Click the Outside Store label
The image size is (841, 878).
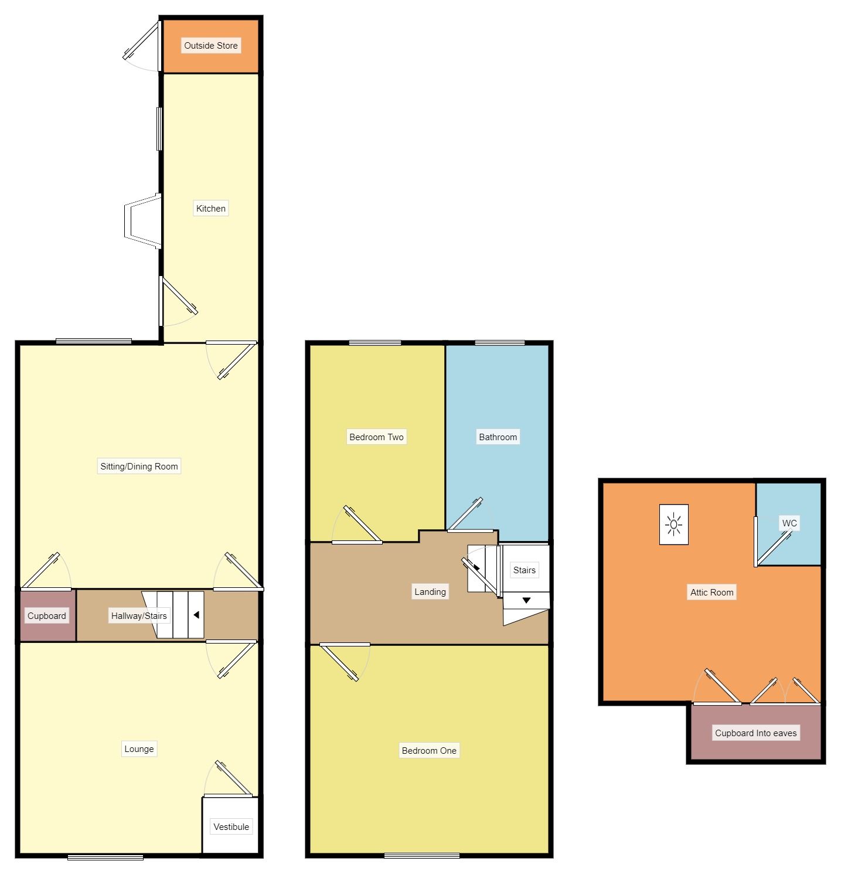tap(211, 46)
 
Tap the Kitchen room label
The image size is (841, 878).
tap(210, 209)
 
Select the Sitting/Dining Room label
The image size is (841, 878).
tap(139, 467)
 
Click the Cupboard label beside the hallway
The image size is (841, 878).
tap(47, 616)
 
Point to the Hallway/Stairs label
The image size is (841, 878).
tap(139, 616)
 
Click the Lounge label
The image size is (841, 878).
tap(139, 749)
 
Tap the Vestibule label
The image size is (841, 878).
tap(231, 827)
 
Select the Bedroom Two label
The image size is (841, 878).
tap(376, 437)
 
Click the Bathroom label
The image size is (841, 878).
tap(498, 437)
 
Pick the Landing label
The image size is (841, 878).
tap(430, 592)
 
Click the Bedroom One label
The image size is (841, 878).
tap(429, 751)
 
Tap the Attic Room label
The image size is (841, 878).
tap(711, 593)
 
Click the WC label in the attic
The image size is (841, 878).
tap(789, 523)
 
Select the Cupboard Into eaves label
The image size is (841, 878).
tap(755, 733)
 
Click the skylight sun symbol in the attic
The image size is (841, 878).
tap(674, 525)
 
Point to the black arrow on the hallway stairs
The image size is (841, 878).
tap(196, 615)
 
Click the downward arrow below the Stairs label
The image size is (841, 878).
tap(526, 601)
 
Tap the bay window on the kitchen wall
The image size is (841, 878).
tap(142, 221)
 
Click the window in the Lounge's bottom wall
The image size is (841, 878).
tap(105, 857)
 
